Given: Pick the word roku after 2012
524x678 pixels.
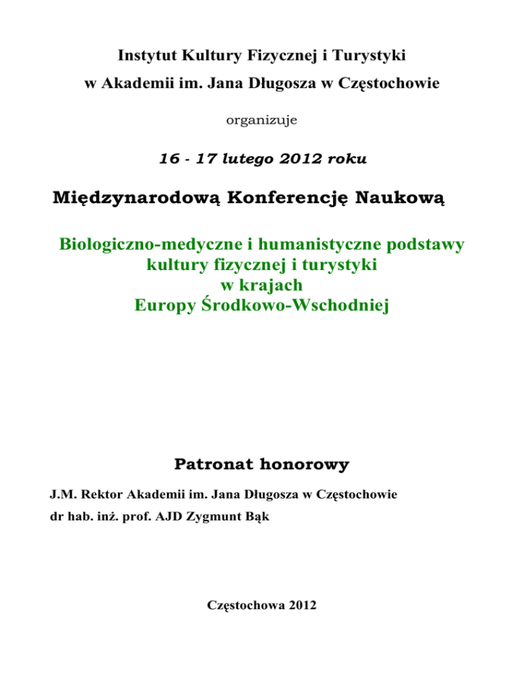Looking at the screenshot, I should click(346, 160).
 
